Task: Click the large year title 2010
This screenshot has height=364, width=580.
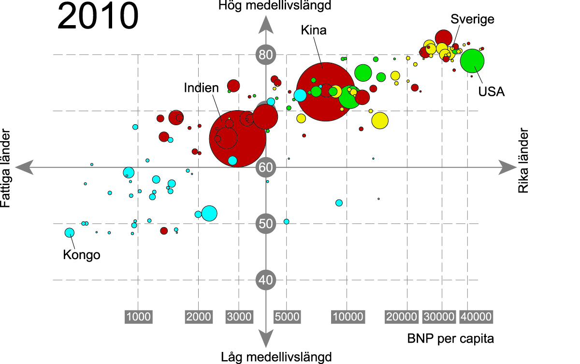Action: pos(98,17)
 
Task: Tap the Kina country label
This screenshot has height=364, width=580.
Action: pos(314,31)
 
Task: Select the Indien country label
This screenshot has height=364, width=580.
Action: pos(201,88)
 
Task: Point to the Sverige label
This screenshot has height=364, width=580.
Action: pos(472,19)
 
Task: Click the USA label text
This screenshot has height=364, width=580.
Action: pos(492,92)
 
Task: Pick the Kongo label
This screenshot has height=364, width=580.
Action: pos(82,255)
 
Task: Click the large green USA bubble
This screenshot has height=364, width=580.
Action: pos(472,61)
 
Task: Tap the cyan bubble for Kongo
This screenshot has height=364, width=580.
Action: pos(70,233)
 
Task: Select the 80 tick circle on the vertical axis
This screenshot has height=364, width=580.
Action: pos(265,55)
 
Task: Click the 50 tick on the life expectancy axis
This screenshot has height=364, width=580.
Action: pos(265,223)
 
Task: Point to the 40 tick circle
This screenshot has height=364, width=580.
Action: pos(265,279)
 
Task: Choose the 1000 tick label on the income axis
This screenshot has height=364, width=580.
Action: pos(138,317)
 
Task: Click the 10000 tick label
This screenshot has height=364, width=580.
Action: pos(347,317)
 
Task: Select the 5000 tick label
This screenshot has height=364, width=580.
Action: pos(287,317)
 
